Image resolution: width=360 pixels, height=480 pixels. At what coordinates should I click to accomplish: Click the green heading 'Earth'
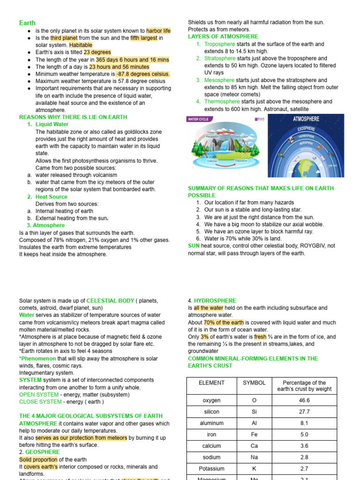(27, 23)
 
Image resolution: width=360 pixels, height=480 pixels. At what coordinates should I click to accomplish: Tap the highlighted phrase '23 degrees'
(97, 52)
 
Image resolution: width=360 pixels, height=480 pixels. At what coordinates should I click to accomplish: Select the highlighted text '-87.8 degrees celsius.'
(142, 74)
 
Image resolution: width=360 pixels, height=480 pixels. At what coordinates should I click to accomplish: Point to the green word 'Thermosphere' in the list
(222, 102)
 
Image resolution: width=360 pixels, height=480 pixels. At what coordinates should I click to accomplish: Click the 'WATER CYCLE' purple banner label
(198, 120)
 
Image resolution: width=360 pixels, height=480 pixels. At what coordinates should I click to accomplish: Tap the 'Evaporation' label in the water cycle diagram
(241, 161)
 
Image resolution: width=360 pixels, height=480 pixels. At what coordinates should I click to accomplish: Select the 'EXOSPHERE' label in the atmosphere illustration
(305, 128)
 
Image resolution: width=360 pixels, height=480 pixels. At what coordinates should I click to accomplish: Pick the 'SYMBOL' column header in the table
(254, 383)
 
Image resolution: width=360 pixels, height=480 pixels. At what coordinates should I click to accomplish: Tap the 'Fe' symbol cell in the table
(254, 435)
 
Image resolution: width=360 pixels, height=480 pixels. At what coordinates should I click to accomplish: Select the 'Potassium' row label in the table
(211, 469)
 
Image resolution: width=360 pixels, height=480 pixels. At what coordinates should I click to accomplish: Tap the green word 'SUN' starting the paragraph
(194, 245)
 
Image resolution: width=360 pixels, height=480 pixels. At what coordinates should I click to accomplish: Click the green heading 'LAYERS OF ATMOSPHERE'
(223, 37)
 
